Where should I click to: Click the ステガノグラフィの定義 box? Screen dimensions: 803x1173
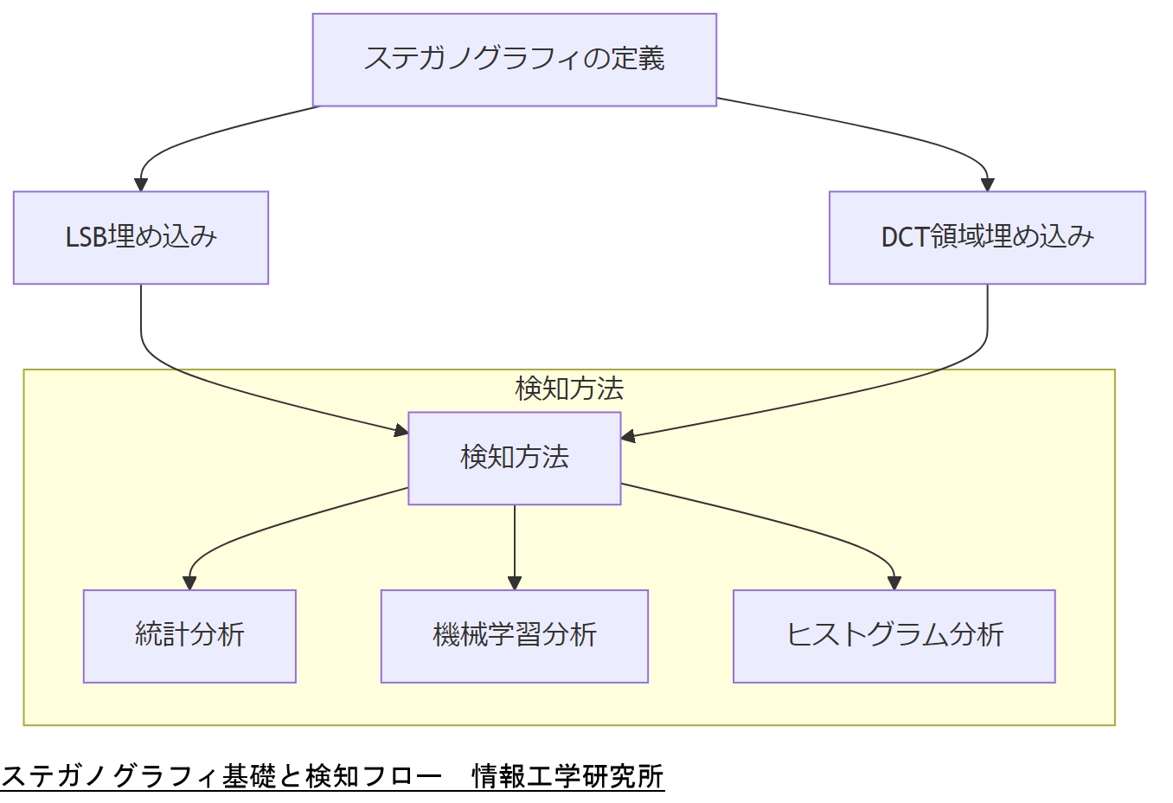pos(514,60)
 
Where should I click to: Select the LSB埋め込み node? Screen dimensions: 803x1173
pos(141,237)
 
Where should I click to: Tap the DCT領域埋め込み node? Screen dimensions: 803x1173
pos(987,237)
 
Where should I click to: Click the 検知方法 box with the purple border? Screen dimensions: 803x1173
pos(514,458)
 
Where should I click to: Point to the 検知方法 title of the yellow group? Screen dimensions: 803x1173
pos(568,389)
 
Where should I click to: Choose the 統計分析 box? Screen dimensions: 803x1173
pos(189,636)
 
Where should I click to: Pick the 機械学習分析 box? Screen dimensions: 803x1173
pos(514,636)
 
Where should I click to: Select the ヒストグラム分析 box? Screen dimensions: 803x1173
pos(894,636)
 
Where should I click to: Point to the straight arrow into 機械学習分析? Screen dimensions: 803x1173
pos(515,545)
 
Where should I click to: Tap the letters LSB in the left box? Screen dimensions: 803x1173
pos(87,237)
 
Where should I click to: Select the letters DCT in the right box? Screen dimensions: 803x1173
pos(905,237)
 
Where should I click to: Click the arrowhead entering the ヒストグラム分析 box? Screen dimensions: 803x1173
pos(894,583)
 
